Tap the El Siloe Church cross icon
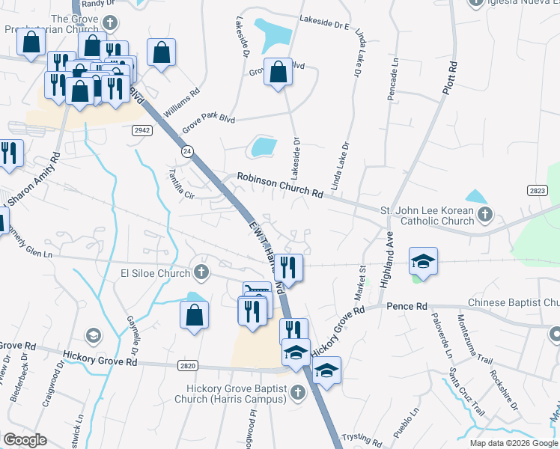(201, 270)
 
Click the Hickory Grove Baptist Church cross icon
(297, 391)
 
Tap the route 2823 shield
(536, 191)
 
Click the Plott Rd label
(450, 78)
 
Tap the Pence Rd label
(407, 306)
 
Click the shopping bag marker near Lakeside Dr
(278, 73)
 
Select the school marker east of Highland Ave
(423, 261)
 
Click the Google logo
(25, 439)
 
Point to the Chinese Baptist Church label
(514, 303)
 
